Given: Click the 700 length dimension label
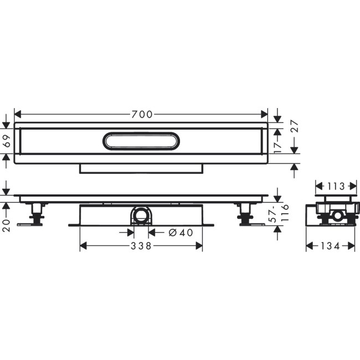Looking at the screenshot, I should pos(142,115).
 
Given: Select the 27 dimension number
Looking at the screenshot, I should pos(294,130).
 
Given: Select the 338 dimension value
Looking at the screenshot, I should pos(142,246).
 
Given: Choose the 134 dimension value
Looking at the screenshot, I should pos(331,246).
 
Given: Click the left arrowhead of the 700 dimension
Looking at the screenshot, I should pos(17,115).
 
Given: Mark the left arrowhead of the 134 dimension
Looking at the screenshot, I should pos(309,246).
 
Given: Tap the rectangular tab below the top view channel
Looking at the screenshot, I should pos(141,168).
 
